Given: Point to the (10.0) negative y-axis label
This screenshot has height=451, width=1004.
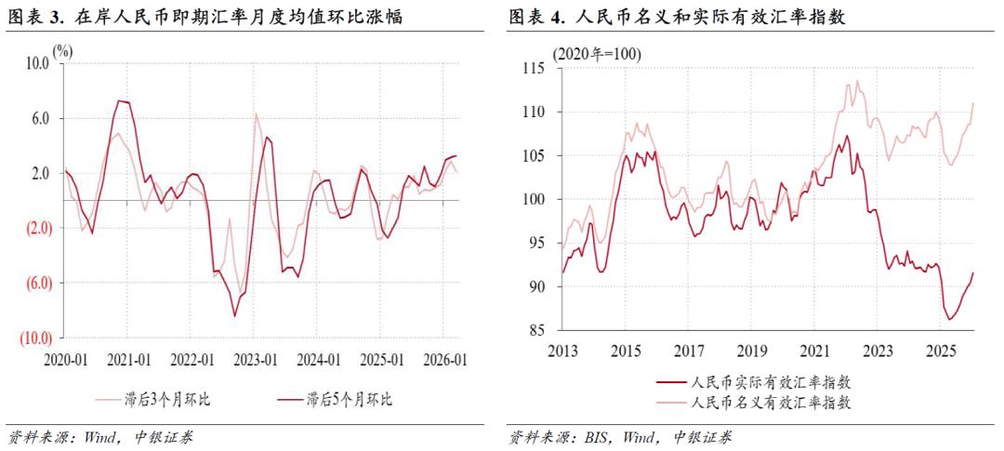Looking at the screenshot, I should [x=34, y=337].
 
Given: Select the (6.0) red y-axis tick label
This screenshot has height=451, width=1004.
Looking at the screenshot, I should [x=36, y=282].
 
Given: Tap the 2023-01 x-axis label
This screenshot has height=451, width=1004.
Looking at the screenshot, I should [x=256, y=360].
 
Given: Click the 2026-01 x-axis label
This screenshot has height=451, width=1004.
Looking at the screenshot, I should [x=444, y=360].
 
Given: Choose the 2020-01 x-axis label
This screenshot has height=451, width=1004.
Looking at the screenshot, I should [x=67, y=360].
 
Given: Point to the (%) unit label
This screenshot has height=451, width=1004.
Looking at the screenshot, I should [x=63, y=50].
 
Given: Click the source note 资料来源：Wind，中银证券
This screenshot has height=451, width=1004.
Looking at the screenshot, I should [x=99, y=437].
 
